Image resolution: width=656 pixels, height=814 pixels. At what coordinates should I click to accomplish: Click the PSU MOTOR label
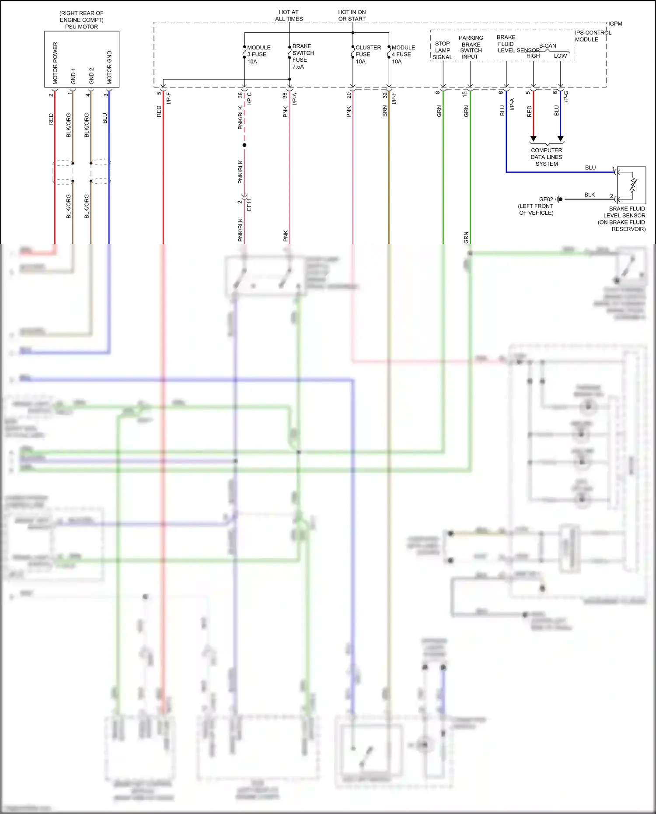click(81, 27)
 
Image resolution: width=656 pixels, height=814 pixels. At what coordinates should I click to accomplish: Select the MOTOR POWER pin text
click(55, 63)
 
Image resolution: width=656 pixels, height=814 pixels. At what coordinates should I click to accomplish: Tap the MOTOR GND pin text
click(109, 67)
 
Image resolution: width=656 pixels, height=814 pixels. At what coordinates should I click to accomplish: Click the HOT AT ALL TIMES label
click(289, 16)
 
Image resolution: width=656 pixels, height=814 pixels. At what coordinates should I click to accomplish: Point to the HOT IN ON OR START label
click(352, 16)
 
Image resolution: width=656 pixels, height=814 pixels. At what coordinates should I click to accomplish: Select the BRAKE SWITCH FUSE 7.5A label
click(303, 56)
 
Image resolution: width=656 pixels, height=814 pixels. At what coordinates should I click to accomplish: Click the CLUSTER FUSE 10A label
click(367, 54)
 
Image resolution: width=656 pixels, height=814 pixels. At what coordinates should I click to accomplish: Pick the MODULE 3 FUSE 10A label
click(258, 54)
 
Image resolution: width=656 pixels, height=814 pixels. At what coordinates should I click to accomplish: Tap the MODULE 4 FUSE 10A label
click(403, 54)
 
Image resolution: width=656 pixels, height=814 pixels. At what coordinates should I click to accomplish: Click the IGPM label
click(615, 24)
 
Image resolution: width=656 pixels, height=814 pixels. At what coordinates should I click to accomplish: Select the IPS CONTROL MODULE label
click(592, 36)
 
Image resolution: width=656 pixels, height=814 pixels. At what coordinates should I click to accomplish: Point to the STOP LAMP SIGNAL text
click(442, 50)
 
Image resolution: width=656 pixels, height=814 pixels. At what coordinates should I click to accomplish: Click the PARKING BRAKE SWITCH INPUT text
click(471, 47)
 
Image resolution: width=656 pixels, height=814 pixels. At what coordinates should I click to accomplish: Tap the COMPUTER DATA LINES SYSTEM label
click(546, 157)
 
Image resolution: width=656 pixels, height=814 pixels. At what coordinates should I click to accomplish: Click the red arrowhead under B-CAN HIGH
click(533, 139)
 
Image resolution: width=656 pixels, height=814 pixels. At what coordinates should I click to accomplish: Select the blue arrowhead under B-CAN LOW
click(560, 139)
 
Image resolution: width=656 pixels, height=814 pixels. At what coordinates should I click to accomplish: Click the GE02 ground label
click(546, 199)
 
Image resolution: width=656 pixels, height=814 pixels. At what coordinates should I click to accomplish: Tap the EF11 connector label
click(249, 204)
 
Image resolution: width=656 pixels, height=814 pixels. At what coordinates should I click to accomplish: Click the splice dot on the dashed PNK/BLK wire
click(244, 145)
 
